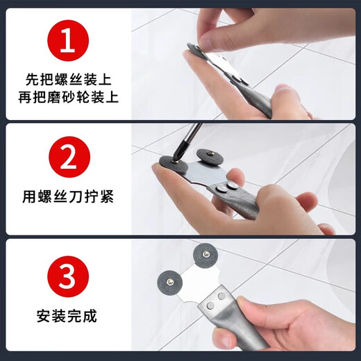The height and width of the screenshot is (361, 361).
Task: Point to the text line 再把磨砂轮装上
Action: click(67, 97)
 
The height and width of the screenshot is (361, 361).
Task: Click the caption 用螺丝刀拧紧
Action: click(67, 198)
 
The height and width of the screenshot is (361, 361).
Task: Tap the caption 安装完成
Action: click(67, 316)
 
